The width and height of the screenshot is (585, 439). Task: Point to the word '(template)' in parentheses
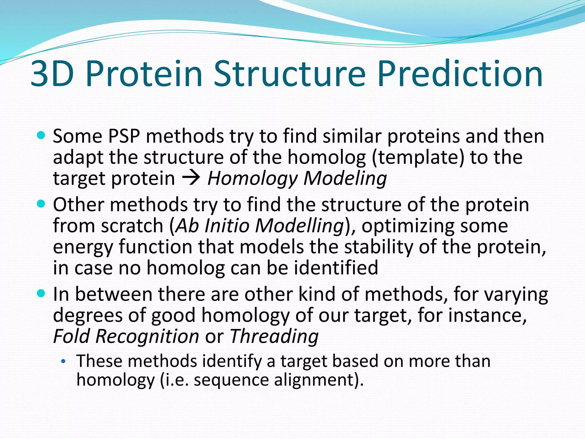point(418,158)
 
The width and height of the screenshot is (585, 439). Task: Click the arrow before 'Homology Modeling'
point(191,179)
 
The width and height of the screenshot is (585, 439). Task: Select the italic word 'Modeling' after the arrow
point(345,179)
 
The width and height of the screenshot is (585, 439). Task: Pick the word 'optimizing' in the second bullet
point(408,226)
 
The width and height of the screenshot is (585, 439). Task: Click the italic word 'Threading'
point(274,336)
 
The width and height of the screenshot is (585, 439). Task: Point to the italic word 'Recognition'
point(147,336)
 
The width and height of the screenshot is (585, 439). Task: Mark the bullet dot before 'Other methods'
point(41,204)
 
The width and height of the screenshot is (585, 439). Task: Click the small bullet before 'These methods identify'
point(63,362)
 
